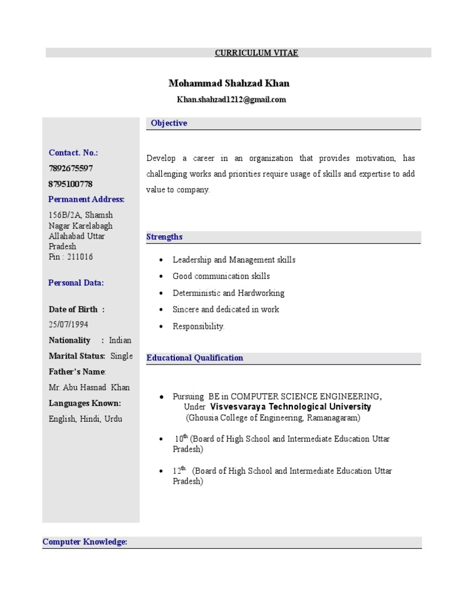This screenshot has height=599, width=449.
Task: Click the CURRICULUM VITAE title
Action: [256, 53]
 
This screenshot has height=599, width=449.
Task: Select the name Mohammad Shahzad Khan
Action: [229, 84]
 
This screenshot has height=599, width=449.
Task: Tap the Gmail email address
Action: [232, 100]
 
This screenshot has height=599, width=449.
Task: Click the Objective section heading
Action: [169, 123]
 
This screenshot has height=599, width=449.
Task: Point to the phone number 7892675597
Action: [71, 168]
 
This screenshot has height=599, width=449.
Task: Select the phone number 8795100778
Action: [71, 184]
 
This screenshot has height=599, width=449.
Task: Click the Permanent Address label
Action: [87, 199]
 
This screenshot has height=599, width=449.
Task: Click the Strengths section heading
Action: [164, 237]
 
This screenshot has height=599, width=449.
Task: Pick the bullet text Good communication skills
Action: [221, 276]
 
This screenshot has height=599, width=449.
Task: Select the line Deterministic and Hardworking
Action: [228, 293]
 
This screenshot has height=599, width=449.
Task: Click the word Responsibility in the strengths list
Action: [198, 326]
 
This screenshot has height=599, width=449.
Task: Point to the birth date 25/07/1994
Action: [68, 324]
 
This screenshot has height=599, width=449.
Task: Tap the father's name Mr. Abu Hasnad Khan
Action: [89, 387]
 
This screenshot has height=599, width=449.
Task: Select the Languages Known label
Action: [85, 403]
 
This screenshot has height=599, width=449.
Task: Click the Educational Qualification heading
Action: [195, 358]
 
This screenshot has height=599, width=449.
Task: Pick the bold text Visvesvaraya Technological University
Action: [291, 407]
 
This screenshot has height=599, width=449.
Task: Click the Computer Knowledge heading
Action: [85, 542]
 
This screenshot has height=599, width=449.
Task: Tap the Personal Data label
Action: [76, 283]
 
